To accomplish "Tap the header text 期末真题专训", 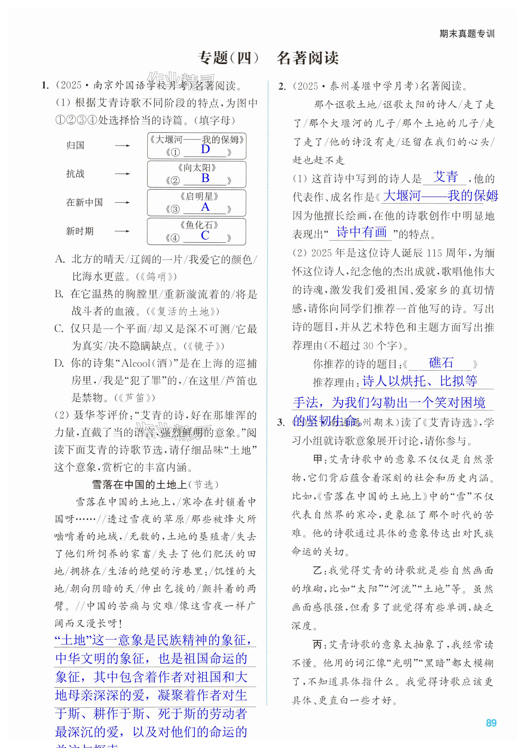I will (x=467, y=34).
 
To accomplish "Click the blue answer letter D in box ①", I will (x=205, y=149).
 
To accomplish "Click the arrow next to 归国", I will (x=122, y=146).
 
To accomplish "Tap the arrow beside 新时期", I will (x=122, y=231).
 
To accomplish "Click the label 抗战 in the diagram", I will (x=75, y=174).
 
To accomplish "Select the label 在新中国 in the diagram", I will (x=84, y=202).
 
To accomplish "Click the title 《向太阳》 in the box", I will (x=197, y=168).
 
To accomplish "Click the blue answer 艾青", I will (x=445, y=177).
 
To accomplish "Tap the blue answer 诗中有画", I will (x=361, y=232).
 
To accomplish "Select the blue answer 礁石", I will (x=441, y=362).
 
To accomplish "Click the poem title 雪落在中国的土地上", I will (x=139, y=485).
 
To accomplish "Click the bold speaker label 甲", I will (x=318, y=459).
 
